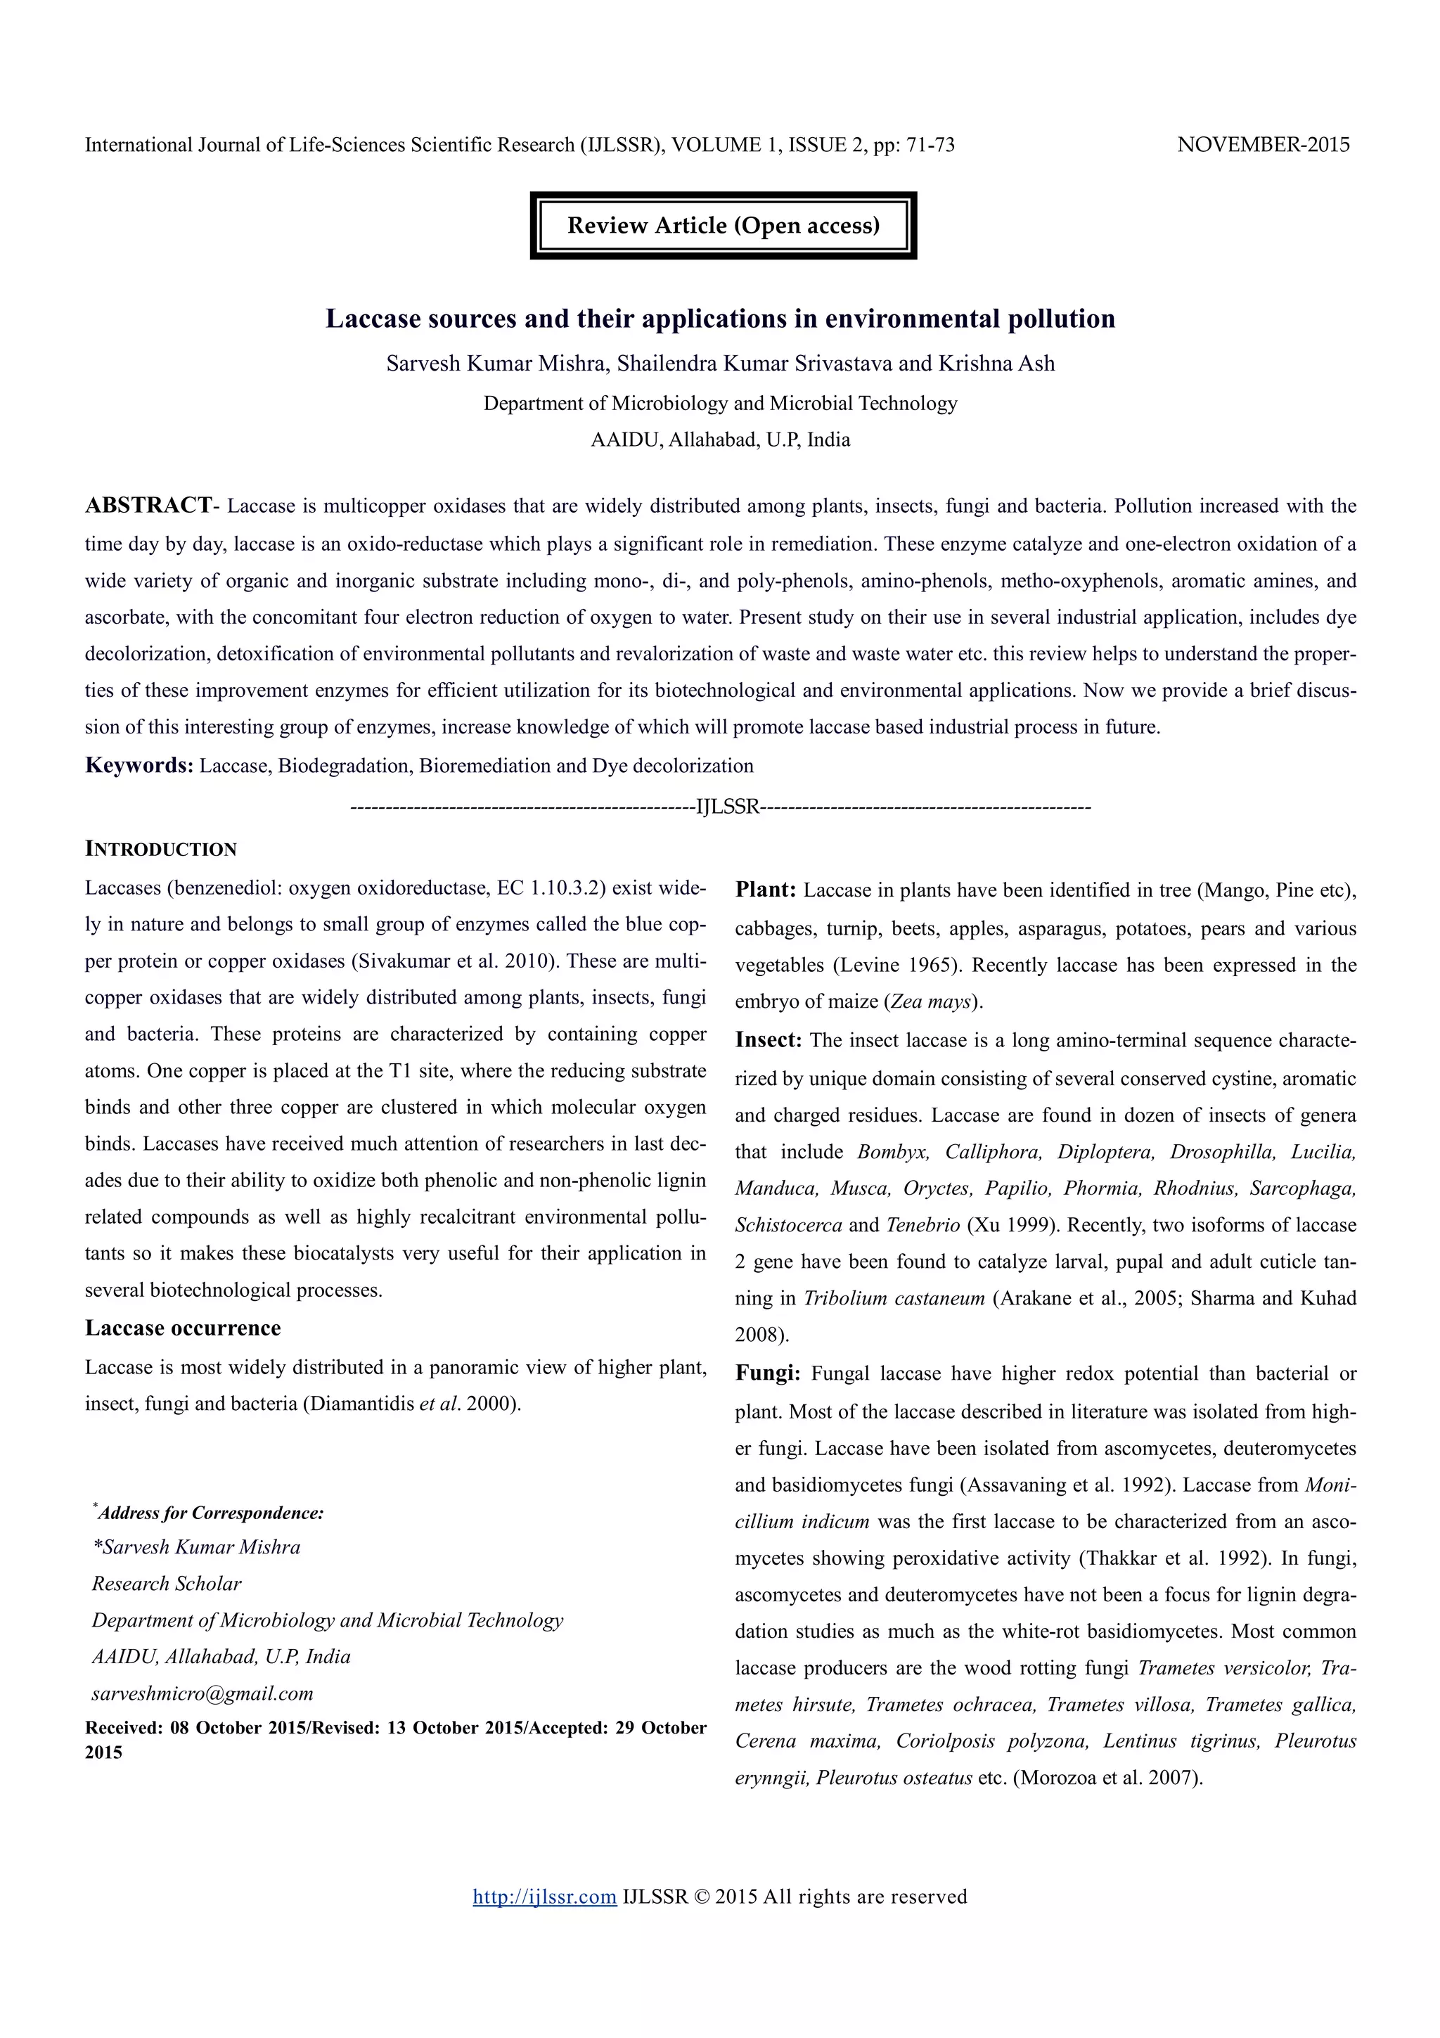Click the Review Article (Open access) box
click(x=722, y=226)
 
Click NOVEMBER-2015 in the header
click(x=1263, y=145)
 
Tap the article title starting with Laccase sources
click(x=719, y=319)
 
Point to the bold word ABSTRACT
click(x=148, y=505)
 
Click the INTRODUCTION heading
click(x=160, y=849)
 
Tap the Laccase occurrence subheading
click(x=183, y=1328)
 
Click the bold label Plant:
click(x=766, y=890)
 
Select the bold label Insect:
click(x=769, y=1040)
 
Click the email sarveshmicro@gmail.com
click(x=202, y=1693)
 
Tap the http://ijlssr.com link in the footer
click(x=544, y=1897)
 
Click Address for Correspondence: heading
click(x=210, y=1513)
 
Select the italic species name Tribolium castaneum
click(x=894, y=1297)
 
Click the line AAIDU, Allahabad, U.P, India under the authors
click(x=719, y=440)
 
